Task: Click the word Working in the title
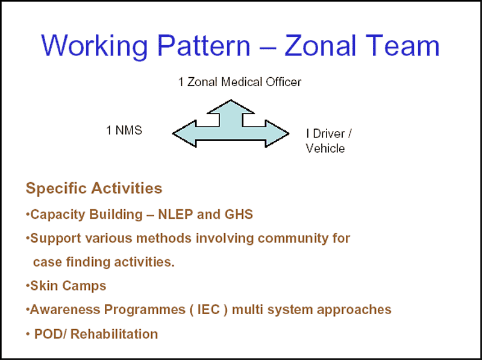pos(95,46)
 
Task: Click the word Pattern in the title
pos(204,46)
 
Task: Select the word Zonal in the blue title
pos(321,46)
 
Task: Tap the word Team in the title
pos(402,46)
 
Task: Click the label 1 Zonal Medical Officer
pos(240,82)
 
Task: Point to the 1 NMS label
pos(124,130)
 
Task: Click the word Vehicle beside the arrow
pos(325,148)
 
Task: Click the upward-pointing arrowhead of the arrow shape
pos(231,107)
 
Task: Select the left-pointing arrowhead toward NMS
pos(184,133)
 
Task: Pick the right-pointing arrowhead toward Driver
pos(277,133)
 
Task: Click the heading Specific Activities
pos(94,188)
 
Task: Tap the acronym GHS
pos(239,215)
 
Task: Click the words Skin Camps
pos(68,286)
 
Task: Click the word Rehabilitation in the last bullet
pos(114,334)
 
